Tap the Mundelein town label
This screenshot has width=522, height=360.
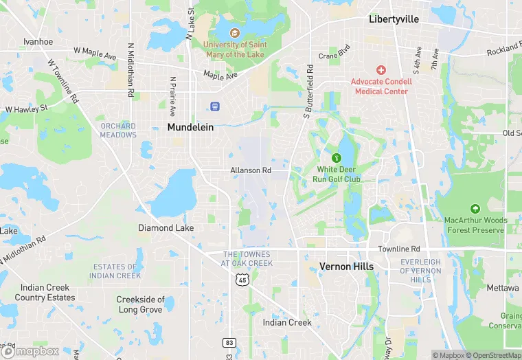point(190,127)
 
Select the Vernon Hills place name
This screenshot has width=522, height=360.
point(346,267)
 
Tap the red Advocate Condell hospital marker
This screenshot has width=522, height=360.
point(381,70)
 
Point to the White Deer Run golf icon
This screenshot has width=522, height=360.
point(336,157)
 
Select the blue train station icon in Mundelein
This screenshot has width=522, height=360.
point(215,106)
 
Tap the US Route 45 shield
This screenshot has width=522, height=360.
point(241,279)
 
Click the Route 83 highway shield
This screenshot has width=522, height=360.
point(229,342)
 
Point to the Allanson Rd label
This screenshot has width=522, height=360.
point(251,170)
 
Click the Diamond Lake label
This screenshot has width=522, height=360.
point(166,227)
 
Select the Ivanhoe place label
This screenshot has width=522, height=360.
point(38,41)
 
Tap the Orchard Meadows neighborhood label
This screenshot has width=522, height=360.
point(118,131)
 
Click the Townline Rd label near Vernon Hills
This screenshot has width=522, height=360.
point(398,249)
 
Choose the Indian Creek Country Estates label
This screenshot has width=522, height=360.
point(45,293)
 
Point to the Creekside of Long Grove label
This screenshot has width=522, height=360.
point(140,304)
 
